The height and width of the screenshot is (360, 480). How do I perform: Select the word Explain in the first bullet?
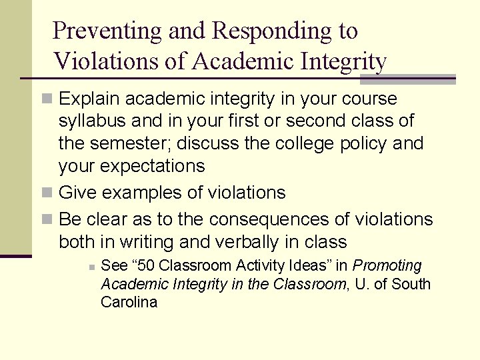[x=90, y=99]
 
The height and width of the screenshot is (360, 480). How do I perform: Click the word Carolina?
[x=129, y=302]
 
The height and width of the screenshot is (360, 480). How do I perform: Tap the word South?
[x=411, y=284]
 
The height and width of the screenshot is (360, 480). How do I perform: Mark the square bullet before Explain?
[x=46, y=100]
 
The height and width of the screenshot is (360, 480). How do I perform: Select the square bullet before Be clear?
[x=46, y=220]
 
